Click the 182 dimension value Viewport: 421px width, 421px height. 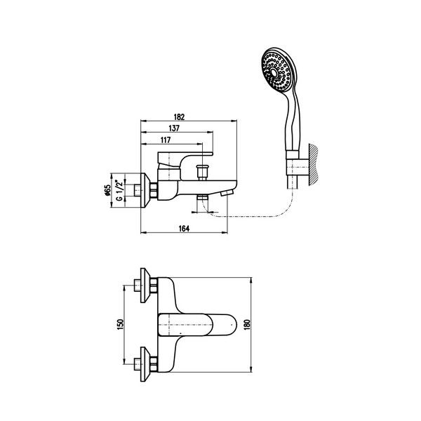(x=180, y=117)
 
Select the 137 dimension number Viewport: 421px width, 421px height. (x=174, y=128)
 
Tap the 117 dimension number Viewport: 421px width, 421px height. (x=166, y=140)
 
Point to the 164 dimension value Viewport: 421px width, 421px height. (x=184, y=229)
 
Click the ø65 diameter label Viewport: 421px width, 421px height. (x=107, y=190)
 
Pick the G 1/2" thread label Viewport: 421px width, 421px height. (x=119, y=190)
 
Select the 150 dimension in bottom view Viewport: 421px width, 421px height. (x=120, y=324)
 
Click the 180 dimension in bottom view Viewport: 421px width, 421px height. (x=247, y=325)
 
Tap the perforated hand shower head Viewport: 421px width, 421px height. (x=279, y=70)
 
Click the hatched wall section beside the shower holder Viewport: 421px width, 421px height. (x=314, y=165)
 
